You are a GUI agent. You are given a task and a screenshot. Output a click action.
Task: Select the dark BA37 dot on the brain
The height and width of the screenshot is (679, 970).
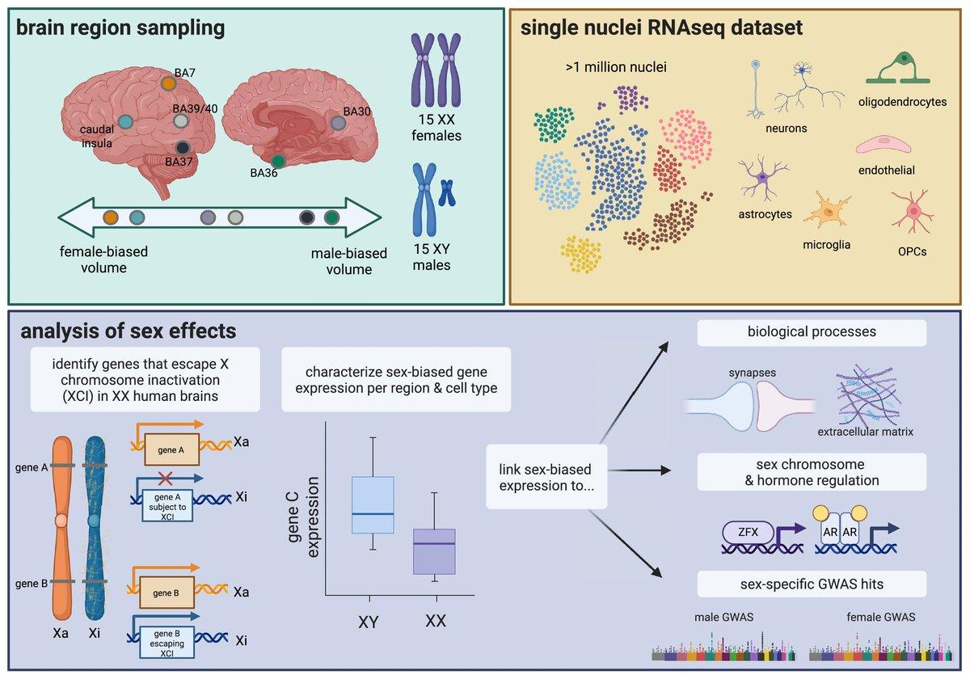pyautogui.click(x=183, y=147)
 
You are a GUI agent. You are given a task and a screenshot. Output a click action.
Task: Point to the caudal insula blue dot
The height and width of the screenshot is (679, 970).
pyautogui.click(x=125, y=122)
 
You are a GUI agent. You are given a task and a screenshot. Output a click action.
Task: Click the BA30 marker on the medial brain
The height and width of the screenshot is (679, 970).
pyautogui.click(x=338, y=123)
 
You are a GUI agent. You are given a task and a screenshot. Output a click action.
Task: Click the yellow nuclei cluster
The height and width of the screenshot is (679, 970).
pyautogui.click(x=581, y=256)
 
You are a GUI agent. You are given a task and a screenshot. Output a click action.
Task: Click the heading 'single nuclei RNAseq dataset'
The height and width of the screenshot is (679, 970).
pyautogui.click(x=662, y=28)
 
